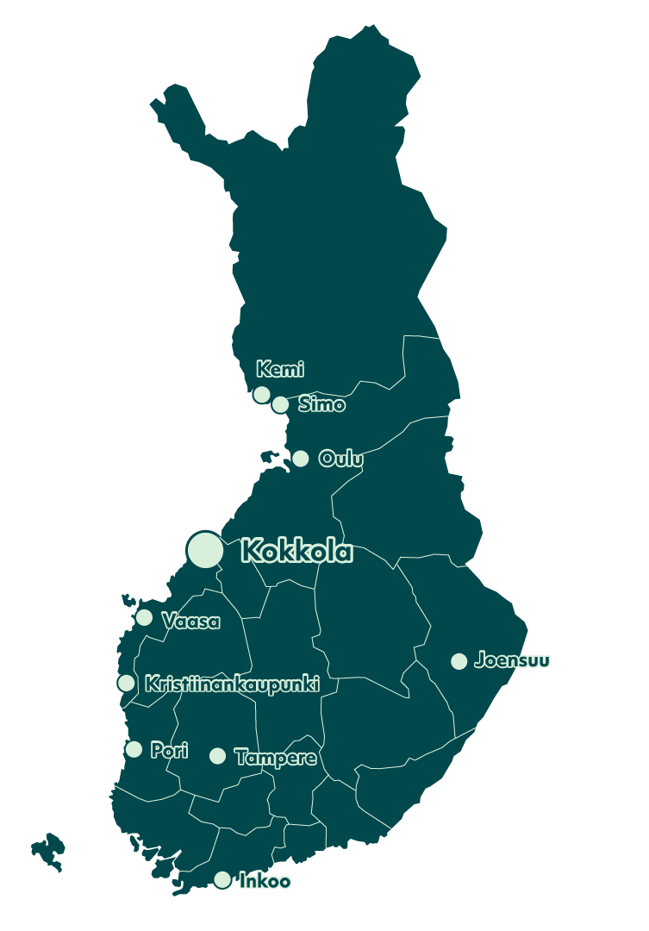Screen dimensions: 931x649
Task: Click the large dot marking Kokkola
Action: (205, 550)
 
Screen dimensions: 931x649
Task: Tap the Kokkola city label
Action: (296, 551)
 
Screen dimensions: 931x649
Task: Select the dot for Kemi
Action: (262, 394)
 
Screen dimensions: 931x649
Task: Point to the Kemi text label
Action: (280, 370)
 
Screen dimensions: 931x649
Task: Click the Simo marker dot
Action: (280, 404)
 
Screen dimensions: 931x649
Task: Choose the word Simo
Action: (321, 404)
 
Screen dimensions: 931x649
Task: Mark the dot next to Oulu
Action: (300, 459)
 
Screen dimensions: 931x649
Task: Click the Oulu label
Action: (340, 459)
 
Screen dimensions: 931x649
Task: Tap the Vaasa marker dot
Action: (144, 617)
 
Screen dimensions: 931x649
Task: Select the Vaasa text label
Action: (190, 622)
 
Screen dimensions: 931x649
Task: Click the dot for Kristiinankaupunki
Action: (127, 683)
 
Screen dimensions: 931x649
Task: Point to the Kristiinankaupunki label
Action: (232, 684)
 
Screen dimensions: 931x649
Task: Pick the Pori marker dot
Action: (134, 749)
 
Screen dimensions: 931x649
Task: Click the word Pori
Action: (169, 750)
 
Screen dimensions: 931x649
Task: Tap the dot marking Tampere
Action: (218, 756)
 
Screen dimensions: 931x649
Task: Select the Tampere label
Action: (275, 757)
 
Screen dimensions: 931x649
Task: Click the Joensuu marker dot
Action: (459, 661)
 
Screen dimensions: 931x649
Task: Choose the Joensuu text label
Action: (512, 661)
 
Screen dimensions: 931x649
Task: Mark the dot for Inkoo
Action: (222, 879)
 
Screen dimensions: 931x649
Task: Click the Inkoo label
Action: (265, 881)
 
